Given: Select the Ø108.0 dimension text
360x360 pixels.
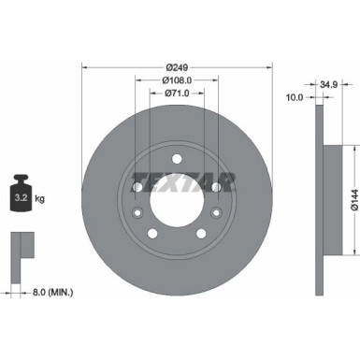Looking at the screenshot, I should (x=177, y=80).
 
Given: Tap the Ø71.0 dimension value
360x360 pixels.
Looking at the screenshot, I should (x=177, y=94).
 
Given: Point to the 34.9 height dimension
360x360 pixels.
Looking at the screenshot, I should (x=327, y=85).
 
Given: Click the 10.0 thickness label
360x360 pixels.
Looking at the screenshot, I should (x=294, y=95).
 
